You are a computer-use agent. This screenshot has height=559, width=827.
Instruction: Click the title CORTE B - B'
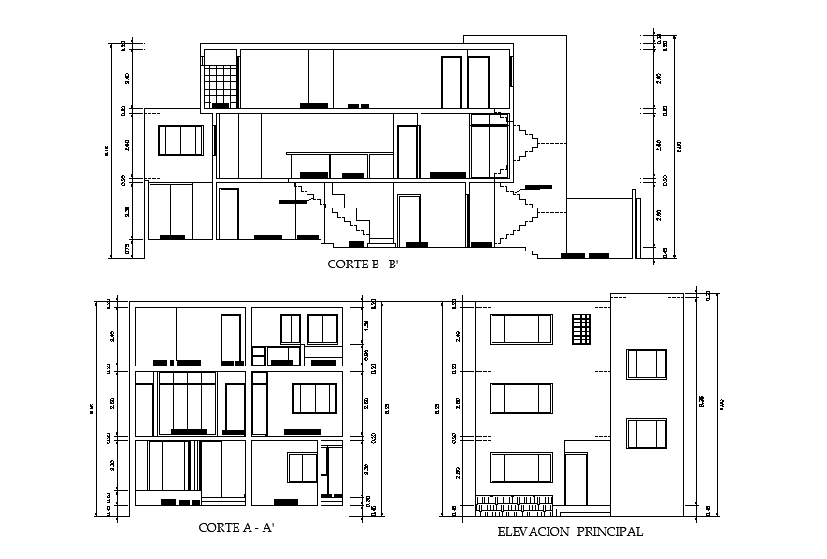coord(363,265)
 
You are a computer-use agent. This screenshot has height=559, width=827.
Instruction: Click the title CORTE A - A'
coord(235,528)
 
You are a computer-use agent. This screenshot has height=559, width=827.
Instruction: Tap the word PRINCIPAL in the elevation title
coord(609,531)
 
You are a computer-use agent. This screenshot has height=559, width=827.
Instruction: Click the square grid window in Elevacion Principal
coord(581,330)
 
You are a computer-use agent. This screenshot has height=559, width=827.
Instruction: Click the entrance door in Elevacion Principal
coord(577,481)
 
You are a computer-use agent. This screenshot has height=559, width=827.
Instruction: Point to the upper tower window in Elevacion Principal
coord(647,365)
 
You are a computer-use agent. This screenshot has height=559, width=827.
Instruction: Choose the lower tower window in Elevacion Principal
coord(647,434)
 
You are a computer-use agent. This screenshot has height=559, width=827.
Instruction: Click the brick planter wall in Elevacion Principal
coord(517,506)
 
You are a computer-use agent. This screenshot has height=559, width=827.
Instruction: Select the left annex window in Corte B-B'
coord(179,140)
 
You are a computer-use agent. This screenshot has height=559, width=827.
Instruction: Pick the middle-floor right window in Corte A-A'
coord(314,398)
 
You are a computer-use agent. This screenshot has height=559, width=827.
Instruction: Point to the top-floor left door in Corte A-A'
coord(230,338)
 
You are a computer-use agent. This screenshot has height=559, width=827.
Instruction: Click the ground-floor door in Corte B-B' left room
coord(228,214)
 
